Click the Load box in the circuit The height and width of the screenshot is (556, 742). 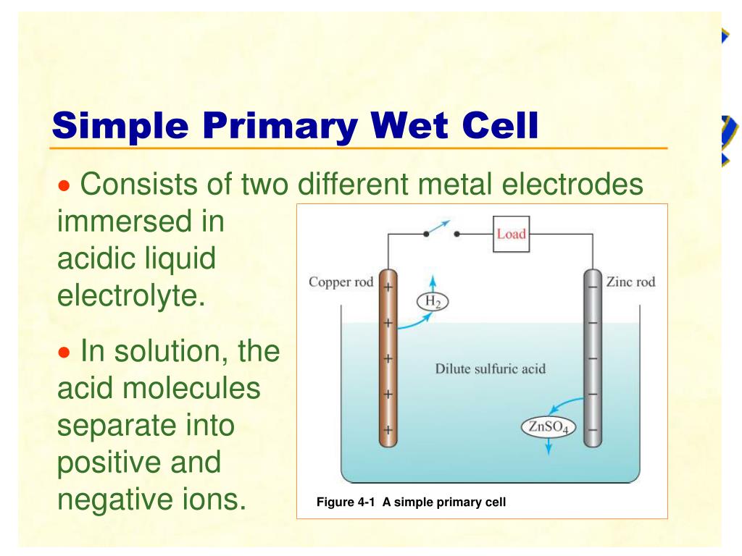511,234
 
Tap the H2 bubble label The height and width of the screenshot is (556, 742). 433,301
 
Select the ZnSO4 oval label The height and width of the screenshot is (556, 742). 548,427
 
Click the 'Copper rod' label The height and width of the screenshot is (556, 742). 341,282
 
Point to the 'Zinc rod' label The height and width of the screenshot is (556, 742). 630,282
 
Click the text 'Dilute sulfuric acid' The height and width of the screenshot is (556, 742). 491,368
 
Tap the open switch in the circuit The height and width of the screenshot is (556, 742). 440,229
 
